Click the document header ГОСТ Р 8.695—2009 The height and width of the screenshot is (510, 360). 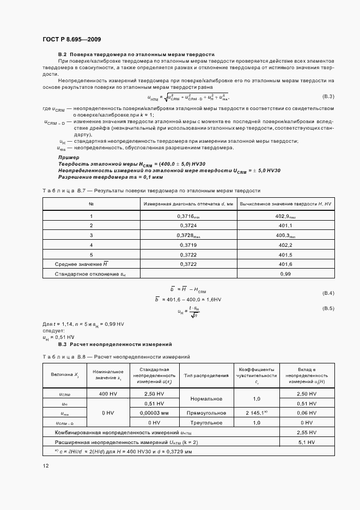[x=71, y=39]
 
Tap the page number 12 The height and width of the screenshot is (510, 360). [x=46, y=465]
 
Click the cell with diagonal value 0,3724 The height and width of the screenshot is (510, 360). [x=187, y=226]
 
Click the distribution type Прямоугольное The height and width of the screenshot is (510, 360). [x=206, y=413]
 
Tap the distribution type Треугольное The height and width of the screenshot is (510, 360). [x=206, y=423]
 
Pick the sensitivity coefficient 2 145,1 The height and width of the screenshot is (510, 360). [x=256, y=413]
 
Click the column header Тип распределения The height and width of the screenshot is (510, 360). [x=206, y=375]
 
